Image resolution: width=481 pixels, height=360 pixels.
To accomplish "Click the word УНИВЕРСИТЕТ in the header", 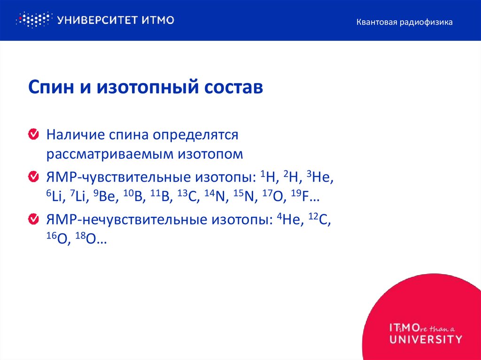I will point(95,20).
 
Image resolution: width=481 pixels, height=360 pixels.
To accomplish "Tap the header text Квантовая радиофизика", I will point(404,22).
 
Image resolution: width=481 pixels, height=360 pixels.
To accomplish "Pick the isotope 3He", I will point(319,176).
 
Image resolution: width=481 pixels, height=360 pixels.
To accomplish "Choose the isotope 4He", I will point(290,219).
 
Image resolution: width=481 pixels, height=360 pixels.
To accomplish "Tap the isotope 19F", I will point(306,197).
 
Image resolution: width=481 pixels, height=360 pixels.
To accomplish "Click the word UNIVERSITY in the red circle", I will point(425,339).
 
